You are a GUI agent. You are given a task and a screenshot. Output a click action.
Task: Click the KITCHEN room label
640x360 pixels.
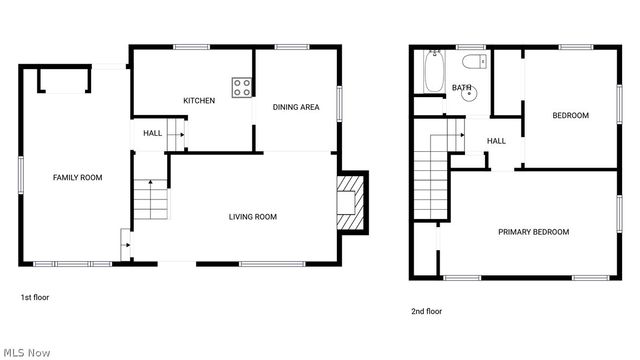coord(199,100)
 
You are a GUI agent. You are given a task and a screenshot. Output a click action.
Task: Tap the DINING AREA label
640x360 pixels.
coord(296,107)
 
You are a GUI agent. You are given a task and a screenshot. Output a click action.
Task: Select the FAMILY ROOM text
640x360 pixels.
coord(78,178)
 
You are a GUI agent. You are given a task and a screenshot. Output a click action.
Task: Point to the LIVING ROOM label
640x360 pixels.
coord(253,216)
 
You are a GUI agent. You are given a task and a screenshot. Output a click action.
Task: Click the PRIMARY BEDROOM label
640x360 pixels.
coord(534,232)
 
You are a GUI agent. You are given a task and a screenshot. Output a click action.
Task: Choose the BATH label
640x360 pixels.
coord(461,88)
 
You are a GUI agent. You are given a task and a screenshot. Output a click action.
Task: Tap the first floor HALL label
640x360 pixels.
coord(152,133)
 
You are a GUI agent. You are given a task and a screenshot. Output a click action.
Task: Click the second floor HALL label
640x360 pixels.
coord(496,141)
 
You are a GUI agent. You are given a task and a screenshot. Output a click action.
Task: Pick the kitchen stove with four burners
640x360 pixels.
coord(242,88)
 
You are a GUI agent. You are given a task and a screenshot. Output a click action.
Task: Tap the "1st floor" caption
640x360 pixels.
coord(35,297)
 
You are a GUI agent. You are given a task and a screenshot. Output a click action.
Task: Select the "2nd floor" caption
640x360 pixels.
coord(426,311)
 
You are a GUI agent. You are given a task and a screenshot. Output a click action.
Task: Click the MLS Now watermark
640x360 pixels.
coord(26,352)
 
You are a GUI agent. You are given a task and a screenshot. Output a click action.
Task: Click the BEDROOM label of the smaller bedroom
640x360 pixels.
coord(571,115)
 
